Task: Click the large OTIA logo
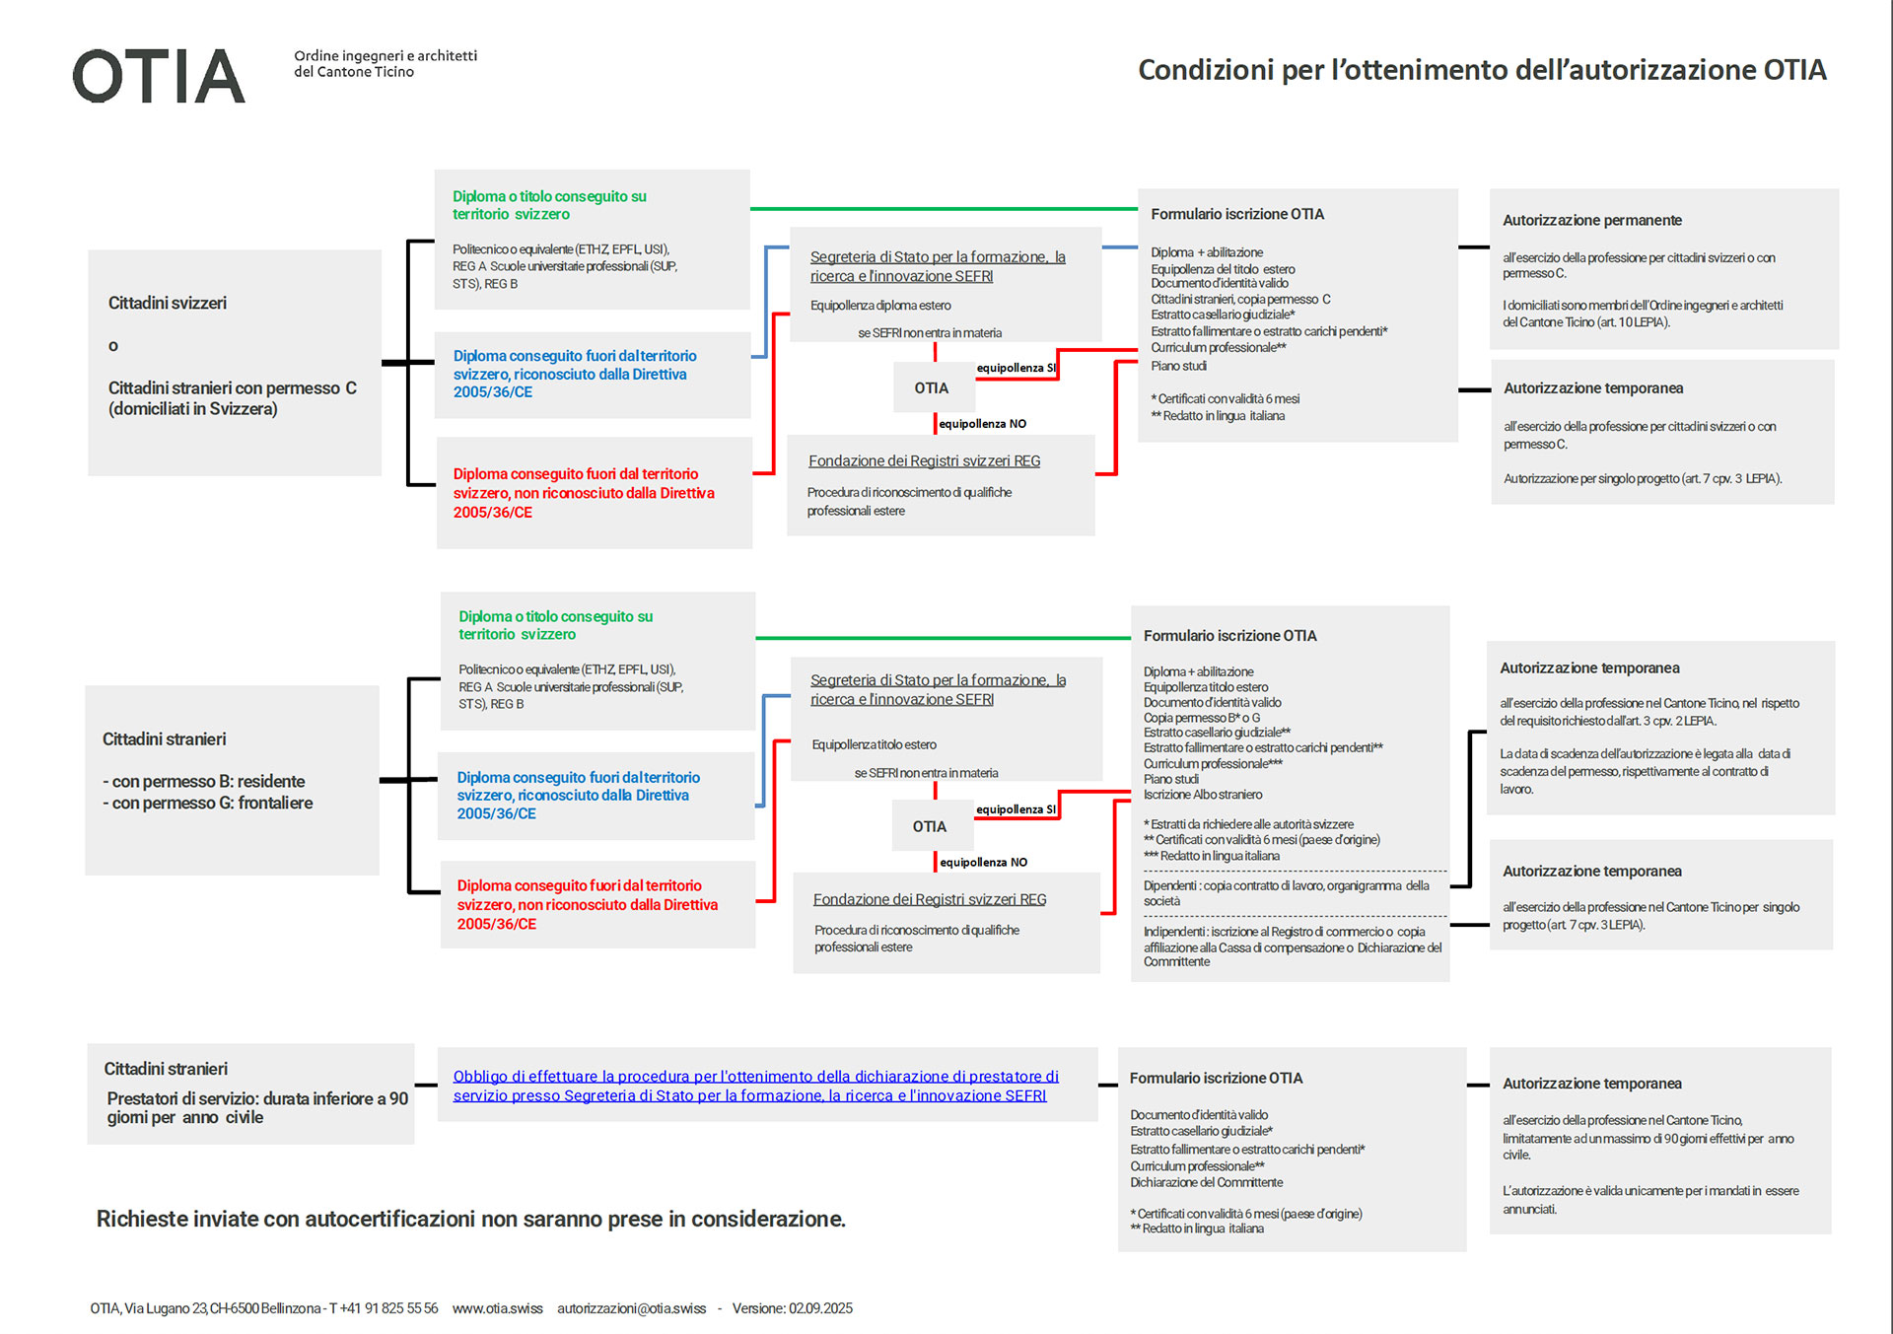click(x=159, y=76)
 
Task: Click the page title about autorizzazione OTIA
click(x=1482, y=70)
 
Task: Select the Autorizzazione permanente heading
click(x=1591, y=220)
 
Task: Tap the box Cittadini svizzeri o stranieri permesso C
click(x=234, y=362)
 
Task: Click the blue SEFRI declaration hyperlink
click(x=755, y=1086)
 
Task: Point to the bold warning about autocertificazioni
click(x=470, y=1219)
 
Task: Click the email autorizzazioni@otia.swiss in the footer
click(x=631, y=1308)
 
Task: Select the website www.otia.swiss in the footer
click(x=497, y=1308)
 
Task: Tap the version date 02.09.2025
click(x=820, y=1308)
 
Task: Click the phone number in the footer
click(x=388, y=1308)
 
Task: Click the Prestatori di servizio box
click(x=250, y=1093)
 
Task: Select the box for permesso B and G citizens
click(x=232, y=779)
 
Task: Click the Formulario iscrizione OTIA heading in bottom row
click(x=1216, y=1078)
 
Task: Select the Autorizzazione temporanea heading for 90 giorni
click(x=1591, y=1083)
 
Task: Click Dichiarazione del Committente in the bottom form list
click(x=1206, y=1182)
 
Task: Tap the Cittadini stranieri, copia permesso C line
click(x=1240, y=299)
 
